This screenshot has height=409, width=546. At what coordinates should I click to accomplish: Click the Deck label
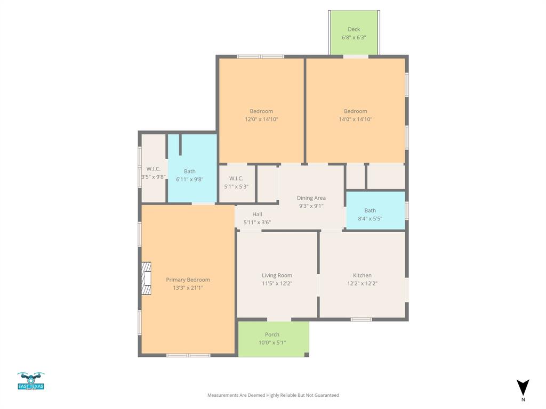354,30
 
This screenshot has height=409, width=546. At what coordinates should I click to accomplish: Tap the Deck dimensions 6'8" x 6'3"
354,38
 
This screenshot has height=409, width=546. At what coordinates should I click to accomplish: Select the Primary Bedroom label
188,280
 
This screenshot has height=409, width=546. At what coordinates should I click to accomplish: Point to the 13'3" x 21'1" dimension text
188,288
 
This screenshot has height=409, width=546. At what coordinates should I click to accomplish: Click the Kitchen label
363,275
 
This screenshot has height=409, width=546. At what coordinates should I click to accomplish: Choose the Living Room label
277,275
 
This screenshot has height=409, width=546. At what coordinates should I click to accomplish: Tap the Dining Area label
311,198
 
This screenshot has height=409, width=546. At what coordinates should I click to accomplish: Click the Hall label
257,214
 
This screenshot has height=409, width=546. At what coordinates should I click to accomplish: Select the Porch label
272,334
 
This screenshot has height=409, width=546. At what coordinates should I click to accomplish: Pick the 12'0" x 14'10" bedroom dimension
261,119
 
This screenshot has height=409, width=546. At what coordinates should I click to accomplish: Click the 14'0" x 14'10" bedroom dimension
356,119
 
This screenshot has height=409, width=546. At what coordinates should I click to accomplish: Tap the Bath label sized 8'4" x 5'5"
370,210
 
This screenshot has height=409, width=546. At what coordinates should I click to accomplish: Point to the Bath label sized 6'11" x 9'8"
190,171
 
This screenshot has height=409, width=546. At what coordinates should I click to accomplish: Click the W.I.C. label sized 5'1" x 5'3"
236,178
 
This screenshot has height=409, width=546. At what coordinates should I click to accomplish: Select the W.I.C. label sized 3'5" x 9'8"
154,169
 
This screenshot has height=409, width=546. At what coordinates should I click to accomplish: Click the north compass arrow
523,387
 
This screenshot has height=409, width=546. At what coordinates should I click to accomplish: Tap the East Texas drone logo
31,381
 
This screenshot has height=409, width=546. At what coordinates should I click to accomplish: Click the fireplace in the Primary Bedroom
146,277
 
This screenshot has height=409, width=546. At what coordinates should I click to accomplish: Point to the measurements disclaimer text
273,395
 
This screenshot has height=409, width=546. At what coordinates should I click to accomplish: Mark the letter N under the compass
523,399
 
